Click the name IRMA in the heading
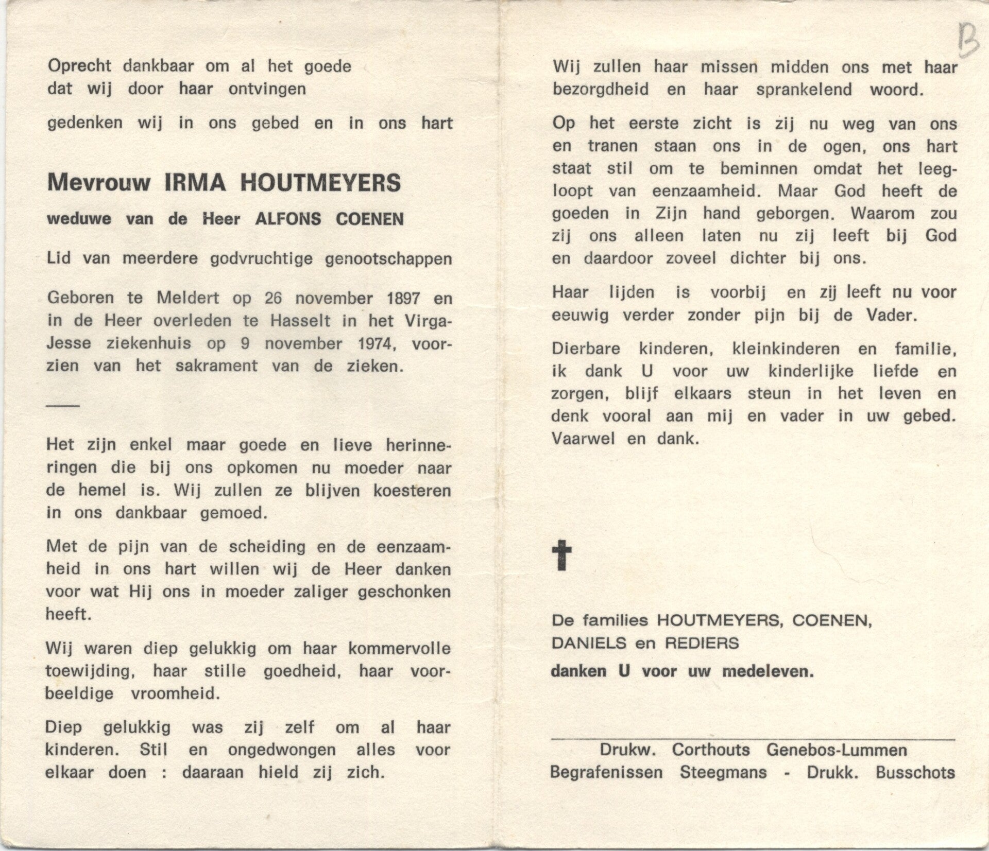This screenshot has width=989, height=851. [195, 183]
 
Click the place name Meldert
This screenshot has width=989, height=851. [188, 299]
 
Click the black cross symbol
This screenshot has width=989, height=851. [561, 555]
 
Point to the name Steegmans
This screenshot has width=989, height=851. [723, 773]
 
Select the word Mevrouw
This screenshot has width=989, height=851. [98, 183]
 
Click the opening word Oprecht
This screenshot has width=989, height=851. [79, 66]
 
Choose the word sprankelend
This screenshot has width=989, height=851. [804, 90]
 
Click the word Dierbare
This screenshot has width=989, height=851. [586, 349]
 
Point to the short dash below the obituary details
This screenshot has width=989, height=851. [63, 406]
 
